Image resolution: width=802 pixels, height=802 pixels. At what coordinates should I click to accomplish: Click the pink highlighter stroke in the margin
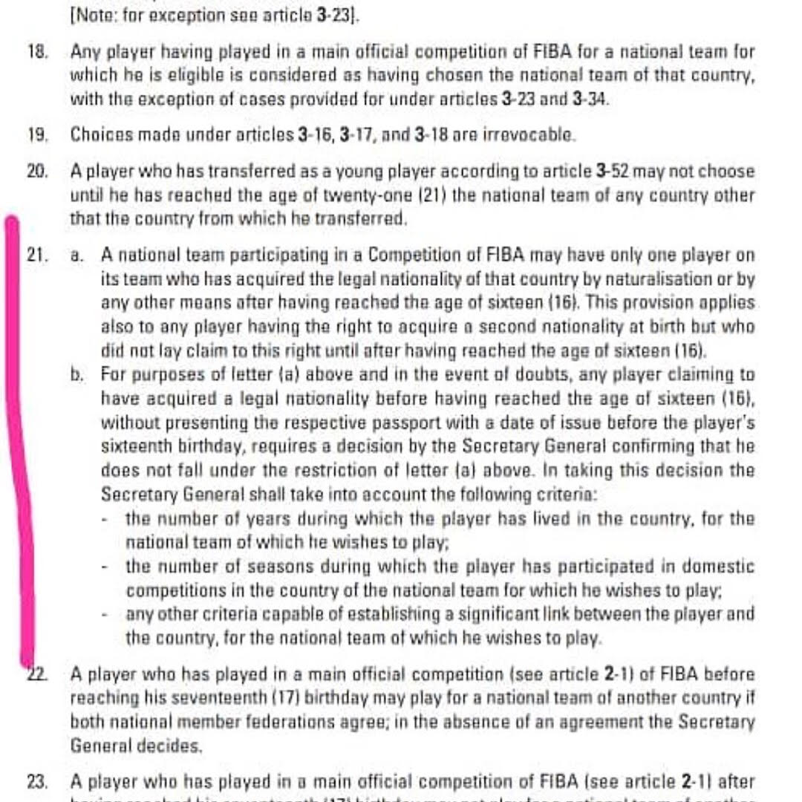click(x=21, y=446)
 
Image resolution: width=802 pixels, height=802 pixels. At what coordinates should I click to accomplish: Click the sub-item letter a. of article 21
click(x=76, y=255)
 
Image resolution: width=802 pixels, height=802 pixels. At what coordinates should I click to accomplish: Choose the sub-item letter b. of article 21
click(x=76, y=375)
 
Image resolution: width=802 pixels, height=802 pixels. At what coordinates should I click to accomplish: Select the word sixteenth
click(x=136, y=447)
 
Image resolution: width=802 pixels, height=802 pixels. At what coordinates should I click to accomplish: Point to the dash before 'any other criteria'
click(x=108, y=614)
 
